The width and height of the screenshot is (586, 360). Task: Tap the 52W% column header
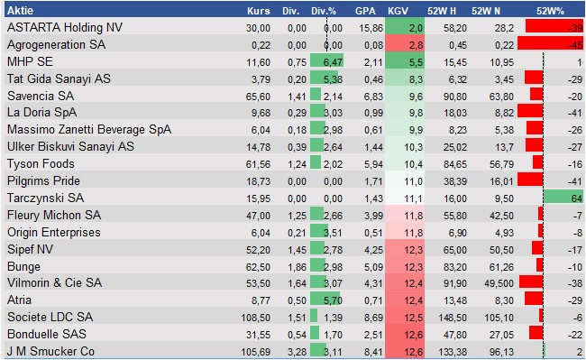click(x=550, y=11)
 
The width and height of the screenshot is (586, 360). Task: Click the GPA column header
click(x=365, y=11)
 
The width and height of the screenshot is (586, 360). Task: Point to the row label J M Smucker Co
click(x=50, y=351)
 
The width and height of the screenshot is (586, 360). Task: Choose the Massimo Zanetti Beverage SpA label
click(x=87, y=129)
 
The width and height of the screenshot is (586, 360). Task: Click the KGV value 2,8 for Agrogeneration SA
click(x=416, y=44)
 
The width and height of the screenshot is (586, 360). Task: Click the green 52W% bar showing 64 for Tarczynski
click(x=563, y=198)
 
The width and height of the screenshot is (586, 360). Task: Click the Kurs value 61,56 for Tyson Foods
click(x=258, y=163)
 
